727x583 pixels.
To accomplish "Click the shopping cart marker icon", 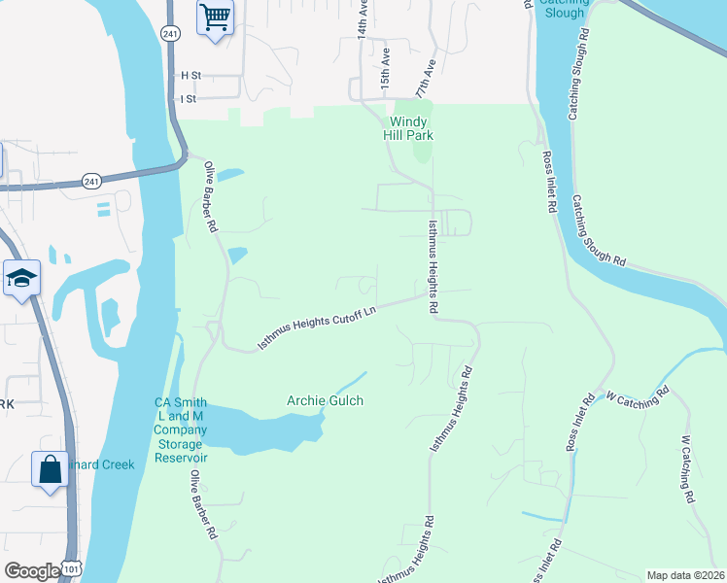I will (215, 17).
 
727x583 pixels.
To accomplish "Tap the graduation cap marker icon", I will (21, 279).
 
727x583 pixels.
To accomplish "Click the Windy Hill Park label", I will (411, 128).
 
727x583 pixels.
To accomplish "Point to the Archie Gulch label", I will (325, 400).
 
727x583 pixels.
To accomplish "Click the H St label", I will (190, 75).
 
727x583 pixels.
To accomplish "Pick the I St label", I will (189, 98).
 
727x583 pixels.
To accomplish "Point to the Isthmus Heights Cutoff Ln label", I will (316, 328).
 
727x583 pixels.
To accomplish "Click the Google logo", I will (32, 571).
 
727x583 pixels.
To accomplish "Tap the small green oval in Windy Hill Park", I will (422, 152).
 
